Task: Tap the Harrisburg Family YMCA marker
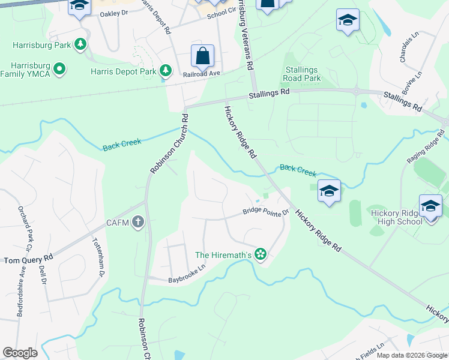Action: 59,70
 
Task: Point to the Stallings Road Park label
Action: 303,74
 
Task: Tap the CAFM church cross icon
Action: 139,223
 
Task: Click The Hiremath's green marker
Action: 260,255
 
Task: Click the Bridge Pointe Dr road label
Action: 266,211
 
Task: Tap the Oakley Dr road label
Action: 114,13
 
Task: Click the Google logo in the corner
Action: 20,353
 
